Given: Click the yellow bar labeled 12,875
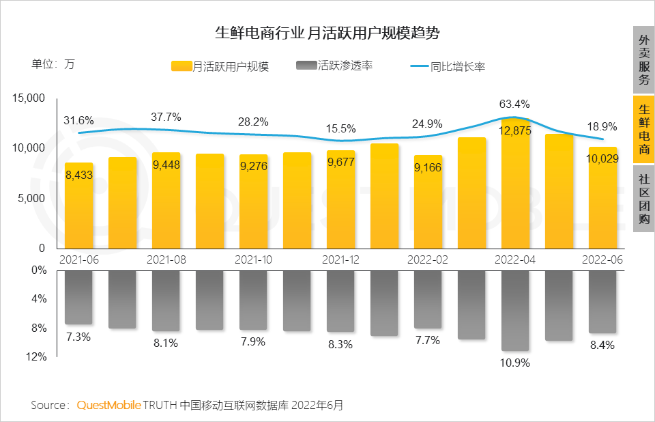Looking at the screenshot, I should click(x=515, y=191).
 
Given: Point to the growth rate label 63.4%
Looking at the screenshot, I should click(x=514, y=104).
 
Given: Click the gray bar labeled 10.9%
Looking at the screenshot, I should click(x=515, y=311).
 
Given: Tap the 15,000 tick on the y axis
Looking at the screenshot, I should click(x=29, y=99).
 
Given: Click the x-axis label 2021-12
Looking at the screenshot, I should click(x=340, y=260).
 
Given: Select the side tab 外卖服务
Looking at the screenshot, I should click(x=643, y=60).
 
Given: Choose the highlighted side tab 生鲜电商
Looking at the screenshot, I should click(x=643, y=129).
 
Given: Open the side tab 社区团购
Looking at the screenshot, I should click(x=643, y=198).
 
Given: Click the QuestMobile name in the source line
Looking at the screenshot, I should click(x=108, y=405).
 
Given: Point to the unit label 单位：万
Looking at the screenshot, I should click(x=53, y=66).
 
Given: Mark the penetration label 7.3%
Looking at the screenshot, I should click(x=78, y=337).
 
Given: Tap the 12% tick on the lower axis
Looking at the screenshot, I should click(x=38, y=357).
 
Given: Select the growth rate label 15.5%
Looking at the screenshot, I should click(x=340, y=128).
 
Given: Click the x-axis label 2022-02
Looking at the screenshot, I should click(x=428, y=260).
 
